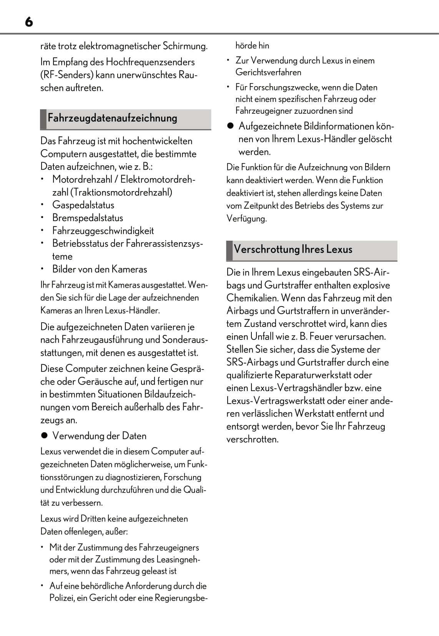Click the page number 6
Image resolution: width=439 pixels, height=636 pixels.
click(x=29, y=22)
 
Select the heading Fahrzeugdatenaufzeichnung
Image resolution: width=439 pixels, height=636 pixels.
click(x=112, y=118)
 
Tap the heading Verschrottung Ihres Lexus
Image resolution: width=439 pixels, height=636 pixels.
click(x=293, y=250)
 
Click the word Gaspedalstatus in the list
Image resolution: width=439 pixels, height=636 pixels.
click(x=83, y=205)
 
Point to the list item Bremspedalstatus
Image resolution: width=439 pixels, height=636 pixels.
click(x=88, y=218)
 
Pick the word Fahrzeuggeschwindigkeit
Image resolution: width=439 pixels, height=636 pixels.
click(x=103, y=231)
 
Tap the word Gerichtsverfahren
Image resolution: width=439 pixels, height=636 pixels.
click(x=268, y=72)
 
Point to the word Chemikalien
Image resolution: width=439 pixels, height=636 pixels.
click(x=252, y=298)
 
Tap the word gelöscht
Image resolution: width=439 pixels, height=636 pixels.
click(x=375, y=139)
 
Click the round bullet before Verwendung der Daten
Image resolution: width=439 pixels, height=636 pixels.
click(x=44, y=436)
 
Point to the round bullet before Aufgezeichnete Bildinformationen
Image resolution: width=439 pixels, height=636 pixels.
click(x=230, y=126)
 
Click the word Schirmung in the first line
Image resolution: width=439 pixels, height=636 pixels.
click(x=185, y=46)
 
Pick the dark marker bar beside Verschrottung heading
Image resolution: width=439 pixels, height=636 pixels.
click(x=229, y=250)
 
